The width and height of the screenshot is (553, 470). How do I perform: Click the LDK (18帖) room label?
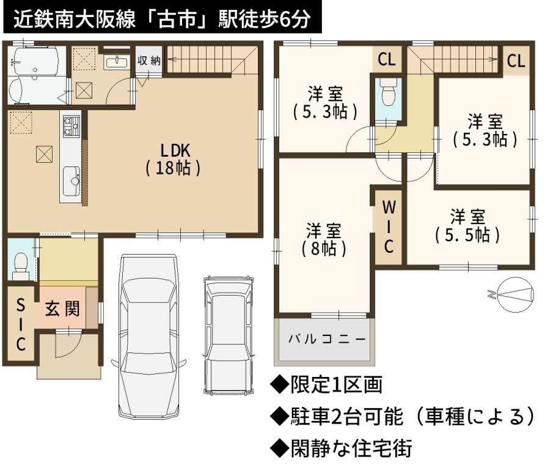(x=173, y=160)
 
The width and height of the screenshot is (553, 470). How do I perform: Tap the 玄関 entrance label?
(x=62, y=309)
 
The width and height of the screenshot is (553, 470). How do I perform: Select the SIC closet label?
(x=21, y=324)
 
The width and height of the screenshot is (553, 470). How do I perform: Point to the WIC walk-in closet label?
(x=389, y=227)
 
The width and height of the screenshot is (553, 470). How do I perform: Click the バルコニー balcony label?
(x=327, y=339)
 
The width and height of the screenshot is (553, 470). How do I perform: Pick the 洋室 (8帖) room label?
(x=324, y=240)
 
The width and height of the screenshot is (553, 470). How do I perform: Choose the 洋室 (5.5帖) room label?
(x=467, y=226)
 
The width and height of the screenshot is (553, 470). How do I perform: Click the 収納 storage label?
(x=149, y=61)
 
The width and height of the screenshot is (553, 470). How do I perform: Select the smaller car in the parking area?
(x=229, y=335)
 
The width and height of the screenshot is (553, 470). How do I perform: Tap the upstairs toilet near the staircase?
(x=388, y=91)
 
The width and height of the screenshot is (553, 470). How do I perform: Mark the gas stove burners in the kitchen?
(x=71, y=127)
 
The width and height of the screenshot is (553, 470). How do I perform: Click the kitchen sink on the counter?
(x=71, y=181)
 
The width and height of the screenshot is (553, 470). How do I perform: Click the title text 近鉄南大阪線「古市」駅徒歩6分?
(x=162, y=18)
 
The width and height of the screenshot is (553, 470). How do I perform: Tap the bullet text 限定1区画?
(x=336, y=384)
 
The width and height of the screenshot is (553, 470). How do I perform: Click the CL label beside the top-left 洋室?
(x=387, y=59)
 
